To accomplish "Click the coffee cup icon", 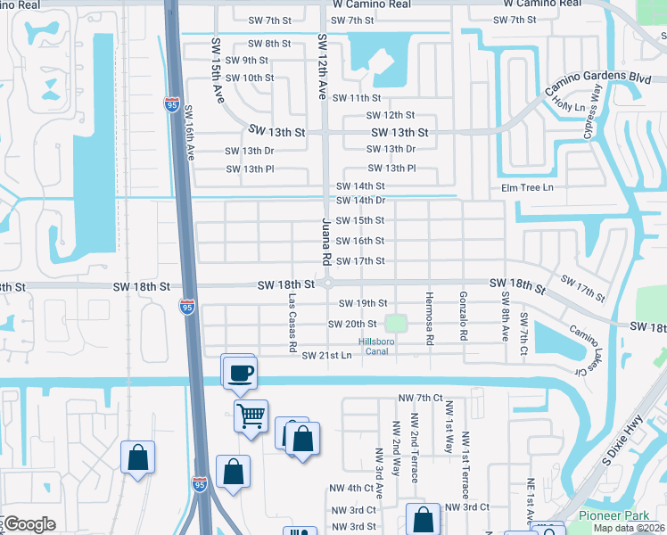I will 239,371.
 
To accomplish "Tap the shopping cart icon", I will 251,415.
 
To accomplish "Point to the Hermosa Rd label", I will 429,319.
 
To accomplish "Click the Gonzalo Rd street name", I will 464,317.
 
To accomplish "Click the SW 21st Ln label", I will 327,356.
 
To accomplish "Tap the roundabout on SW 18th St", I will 327,284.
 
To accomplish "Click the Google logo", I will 29,524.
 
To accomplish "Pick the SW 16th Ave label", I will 189,134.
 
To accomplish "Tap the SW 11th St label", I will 357,98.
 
